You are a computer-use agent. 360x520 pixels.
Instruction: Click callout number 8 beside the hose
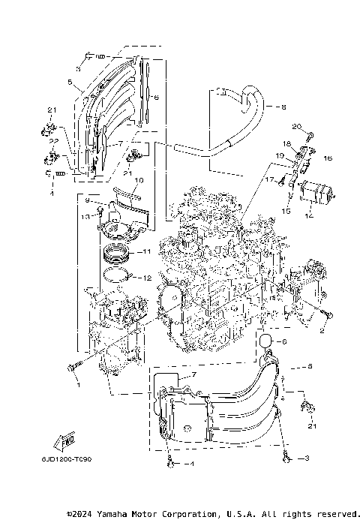point(283,107)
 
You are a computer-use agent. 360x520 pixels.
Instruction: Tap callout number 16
point(327,159)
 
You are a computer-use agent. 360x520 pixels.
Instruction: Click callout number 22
point(53,142)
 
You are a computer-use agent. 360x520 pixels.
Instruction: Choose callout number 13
point(85,215)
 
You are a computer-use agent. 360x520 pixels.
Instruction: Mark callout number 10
point(139,181)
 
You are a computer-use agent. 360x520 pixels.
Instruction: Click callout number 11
point(147,251)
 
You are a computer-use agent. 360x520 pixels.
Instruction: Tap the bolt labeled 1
point(71,367)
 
